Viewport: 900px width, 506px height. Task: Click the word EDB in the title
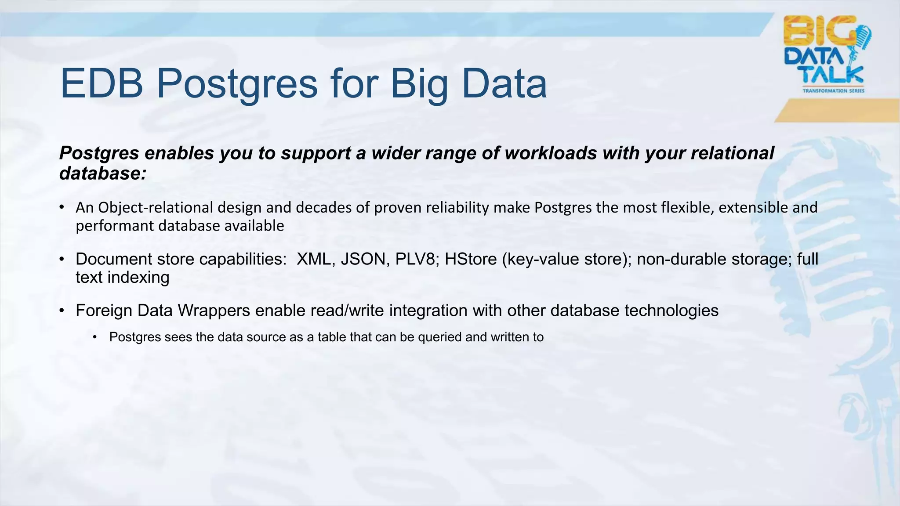102,83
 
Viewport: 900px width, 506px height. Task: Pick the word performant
115,226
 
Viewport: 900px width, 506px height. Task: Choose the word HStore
471,259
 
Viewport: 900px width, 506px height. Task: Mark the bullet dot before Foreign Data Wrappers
62,311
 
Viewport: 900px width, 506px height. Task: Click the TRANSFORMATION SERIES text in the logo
833,91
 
